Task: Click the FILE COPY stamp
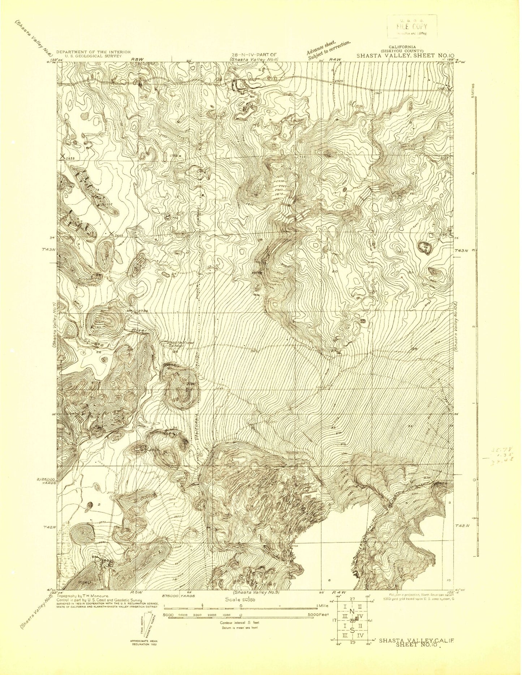(412, 26)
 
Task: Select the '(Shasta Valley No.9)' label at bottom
(256, 593)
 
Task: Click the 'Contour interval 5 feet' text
(240, 623)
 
